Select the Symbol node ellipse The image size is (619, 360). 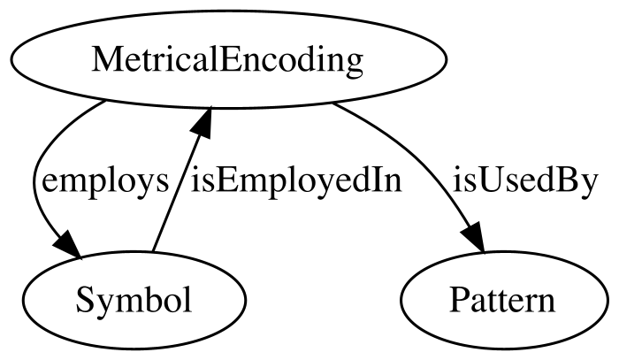(134, 300)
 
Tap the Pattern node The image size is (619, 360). (504, 300)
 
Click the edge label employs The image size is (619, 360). (105, 182)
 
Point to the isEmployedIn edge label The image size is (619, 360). (296, 182)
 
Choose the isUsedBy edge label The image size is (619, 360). (525, 182)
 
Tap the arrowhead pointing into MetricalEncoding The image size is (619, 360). (203, 121)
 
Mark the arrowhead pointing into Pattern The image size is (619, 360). (474, 238)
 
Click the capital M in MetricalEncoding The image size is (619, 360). (105, 59)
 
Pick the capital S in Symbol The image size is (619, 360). (84, 300)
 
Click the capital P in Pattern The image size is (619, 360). (458, 300)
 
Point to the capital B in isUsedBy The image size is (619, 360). (570, 180)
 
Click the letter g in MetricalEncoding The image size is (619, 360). (354, 64)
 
